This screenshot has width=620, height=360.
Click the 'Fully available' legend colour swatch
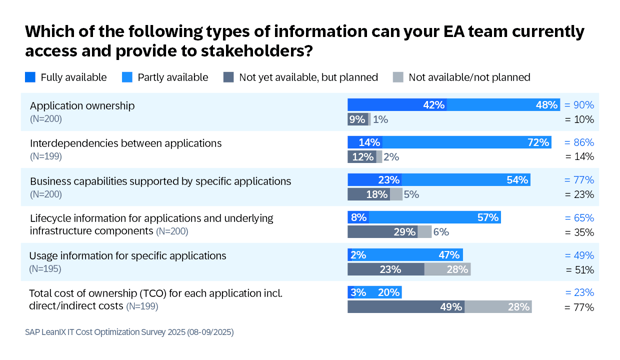click(x=30, y=76)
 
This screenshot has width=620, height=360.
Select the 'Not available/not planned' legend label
click(x=469, y=77)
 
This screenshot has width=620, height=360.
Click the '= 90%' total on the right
click(x=580, y=105)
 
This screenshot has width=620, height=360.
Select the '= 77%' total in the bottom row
click(x=580, y=308)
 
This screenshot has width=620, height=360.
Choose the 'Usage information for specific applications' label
click(x=128, y=255)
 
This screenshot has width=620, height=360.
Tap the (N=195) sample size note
click(x=48, y=270)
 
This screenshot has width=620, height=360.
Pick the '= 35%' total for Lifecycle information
click(x=580, y=231)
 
